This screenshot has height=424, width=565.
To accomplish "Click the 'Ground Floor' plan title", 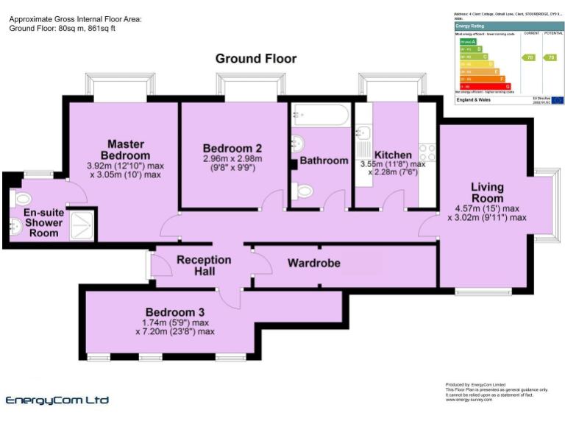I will click(256, 58).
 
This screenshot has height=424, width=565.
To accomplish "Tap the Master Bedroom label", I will click(125, 149).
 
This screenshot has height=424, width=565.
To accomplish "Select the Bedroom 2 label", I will click(232, 147).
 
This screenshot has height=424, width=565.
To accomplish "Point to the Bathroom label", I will click(324, 160).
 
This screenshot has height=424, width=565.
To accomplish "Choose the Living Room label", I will click(487, 192).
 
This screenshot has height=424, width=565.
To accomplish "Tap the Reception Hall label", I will click(204, 266).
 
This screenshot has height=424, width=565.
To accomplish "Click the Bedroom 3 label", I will click(174, 311).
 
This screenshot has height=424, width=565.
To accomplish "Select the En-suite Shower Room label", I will click(43, 222).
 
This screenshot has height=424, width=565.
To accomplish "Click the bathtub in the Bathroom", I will click(321, 116).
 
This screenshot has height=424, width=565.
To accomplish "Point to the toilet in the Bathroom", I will click(303, 191).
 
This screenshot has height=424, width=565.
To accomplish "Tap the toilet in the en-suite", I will click(22, 197).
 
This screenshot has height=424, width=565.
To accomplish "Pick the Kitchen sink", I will click(363, 133).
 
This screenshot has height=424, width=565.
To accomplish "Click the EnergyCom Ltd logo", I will click(57, 400).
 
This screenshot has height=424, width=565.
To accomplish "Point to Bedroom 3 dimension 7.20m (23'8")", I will click(174, 332).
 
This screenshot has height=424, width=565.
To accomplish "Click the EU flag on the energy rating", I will click(556, 99).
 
